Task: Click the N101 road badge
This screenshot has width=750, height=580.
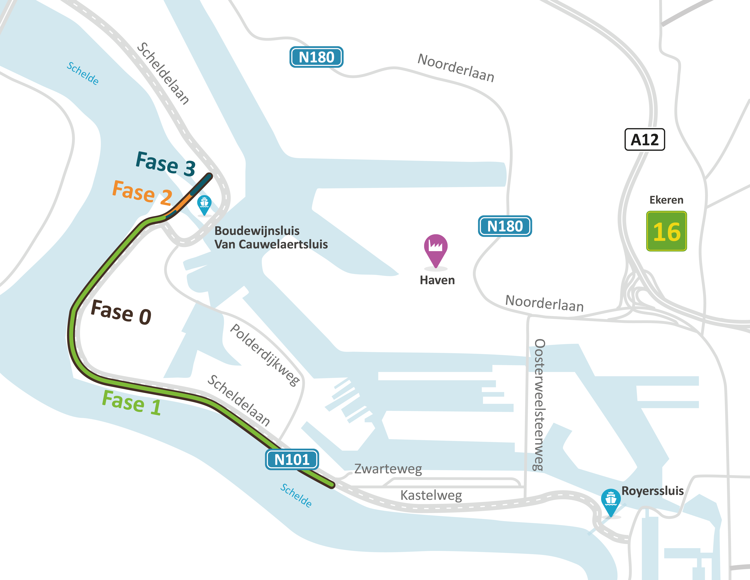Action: click(x=292, y=459)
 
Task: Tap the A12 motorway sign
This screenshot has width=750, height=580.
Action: click(x=645, y=139)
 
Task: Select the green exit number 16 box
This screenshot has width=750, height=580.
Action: click(x=666, y=231)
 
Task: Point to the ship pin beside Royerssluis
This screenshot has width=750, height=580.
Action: click(x=611, y=501)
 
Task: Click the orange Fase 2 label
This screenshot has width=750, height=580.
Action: click(x=142, y=192)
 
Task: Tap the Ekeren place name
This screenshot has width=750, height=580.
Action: click(x=666, y=200)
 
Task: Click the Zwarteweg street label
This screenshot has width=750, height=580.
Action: click(x=388, y=469)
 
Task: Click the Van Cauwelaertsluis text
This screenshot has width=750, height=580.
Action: click(x=271, y=244)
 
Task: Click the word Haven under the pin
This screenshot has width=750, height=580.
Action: click(x=437, y=280)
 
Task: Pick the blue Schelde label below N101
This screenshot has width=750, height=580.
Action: click(x=296, y=495)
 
